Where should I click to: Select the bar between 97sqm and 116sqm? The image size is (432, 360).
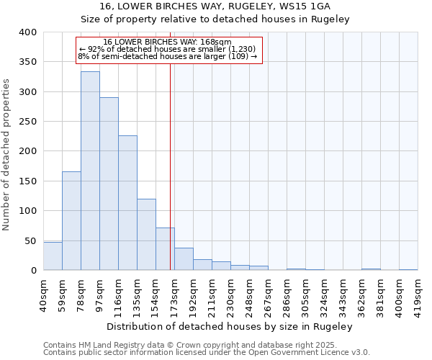pos(109,184)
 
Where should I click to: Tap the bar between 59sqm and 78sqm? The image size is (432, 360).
pos(71,220)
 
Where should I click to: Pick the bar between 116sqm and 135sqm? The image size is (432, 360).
pos(127,202)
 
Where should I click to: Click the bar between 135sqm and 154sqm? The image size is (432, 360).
pos(146,234)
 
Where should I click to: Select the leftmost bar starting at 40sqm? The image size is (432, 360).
pos(53,256)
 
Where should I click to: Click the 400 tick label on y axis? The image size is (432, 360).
pos(28,32)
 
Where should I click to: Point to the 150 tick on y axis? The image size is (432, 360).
pos(28,181)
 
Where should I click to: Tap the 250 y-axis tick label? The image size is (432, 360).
pos(28,122)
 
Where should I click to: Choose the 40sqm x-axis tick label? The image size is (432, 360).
pos(43,294)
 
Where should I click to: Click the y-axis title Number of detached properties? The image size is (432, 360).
pos(6,151)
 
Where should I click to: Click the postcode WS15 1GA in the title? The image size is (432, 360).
pos(300,6)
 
